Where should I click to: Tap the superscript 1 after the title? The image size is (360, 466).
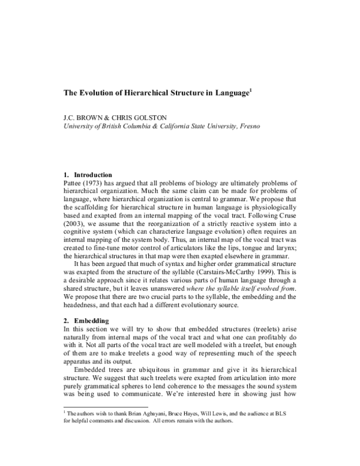pyautogui.click(x=251, y=91)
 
